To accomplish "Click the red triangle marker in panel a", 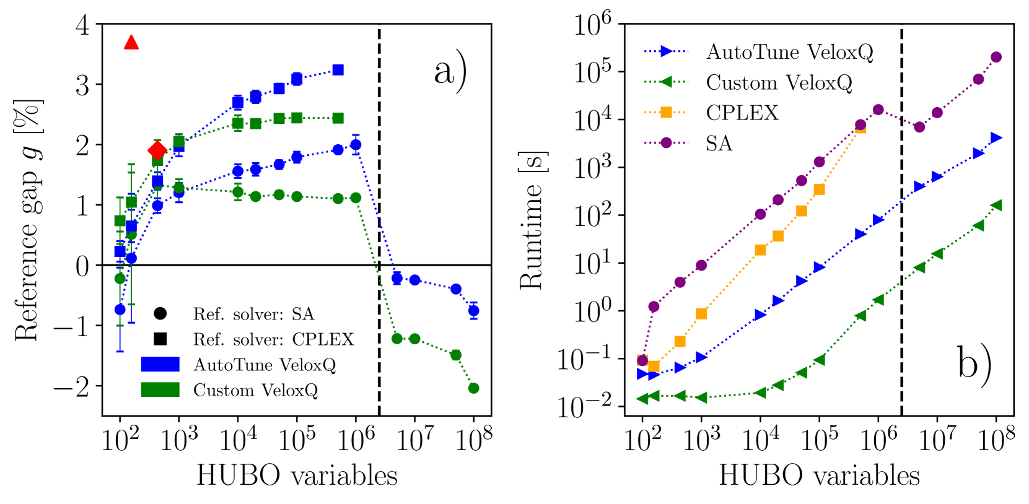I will [131, 43].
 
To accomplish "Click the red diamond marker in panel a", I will [157, 150].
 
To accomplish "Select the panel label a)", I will [450, 72].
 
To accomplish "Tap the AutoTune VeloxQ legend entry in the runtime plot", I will [789, 52].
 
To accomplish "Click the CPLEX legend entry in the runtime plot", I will [742, 113].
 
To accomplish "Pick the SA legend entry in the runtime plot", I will [719, 144].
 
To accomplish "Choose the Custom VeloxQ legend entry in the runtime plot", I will [779, 82].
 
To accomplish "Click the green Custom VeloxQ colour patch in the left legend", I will [160, 389].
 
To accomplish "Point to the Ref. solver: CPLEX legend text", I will [273, 339].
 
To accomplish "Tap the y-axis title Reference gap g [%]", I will [28, 220].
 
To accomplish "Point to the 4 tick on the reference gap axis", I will [82, 25].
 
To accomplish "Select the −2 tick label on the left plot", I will [71, 388].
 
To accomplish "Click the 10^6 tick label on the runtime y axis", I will [592, 25].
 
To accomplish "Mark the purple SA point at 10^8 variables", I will [996, 57].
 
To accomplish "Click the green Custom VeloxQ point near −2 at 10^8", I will [474, 388].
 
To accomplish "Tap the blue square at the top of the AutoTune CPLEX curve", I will [338, 70].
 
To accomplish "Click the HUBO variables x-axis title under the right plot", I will [819, 476].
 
